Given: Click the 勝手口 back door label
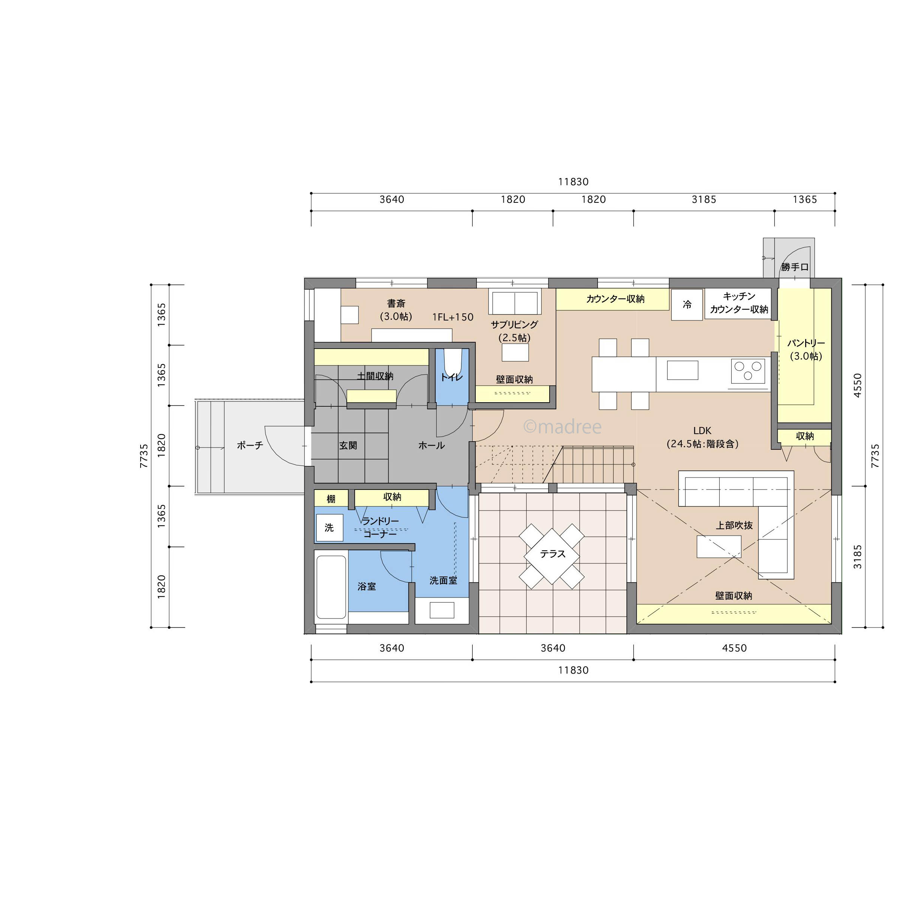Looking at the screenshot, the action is [795, 267].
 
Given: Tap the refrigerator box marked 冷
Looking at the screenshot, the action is [687, 305].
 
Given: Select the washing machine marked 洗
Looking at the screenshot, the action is [329, 527].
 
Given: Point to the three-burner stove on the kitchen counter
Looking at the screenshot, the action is [748, 371].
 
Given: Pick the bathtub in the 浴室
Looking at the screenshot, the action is [331, 587].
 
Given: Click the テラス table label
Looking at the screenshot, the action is [553, 553].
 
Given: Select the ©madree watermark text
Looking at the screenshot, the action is [562, 426].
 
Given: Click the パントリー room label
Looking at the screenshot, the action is [806, 343].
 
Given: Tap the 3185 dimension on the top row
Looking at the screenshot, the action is [704, 199].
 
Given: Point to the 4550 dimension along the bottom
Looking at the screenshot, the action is [734, 648].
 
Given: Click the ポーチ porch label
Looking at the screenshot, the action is [250, 445].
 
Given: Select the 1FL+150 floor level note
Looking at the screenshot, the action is [452, 317].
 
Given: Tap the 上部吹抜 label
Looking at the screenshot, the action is [734, 525].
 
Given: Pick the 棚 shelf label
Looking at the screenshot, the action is [331, 499].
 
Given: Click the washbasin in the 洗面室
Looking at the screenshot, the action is [442, 610].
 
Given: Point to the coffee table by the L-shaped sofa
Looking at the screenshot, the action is [719, 547].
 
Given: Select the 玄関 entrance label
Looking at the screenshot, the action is [348, 445].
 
